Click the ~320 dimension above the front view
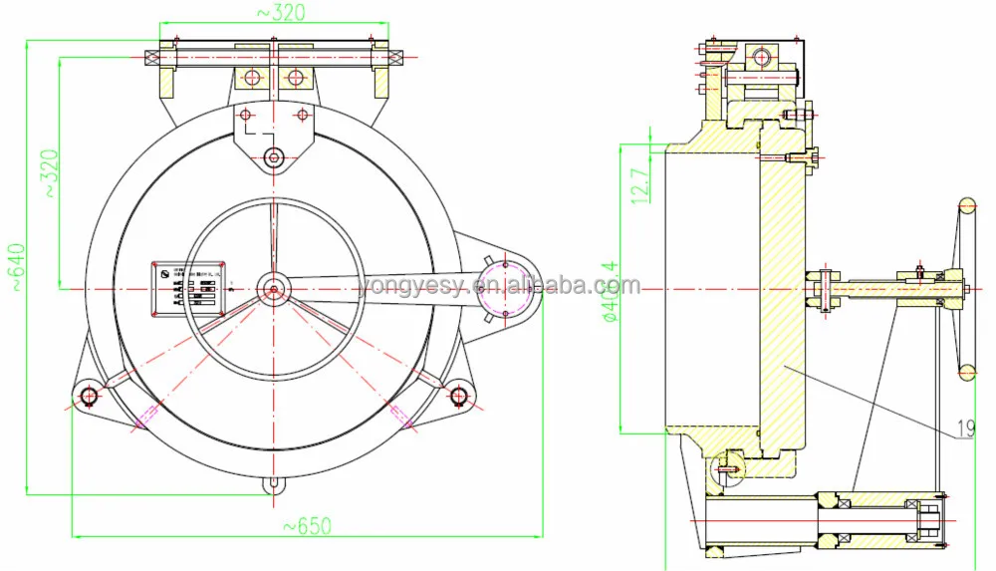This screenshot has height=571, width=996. pyautogui.click(x=280, y=12)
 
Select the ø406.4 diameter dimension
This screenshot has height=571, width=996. pyautogui.click(x=609, y=288)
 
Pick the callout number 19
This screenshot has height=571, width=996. pyautogui.click(x=965, y=430)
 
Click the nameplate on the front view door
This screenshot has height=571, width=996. pyautogui.click(x=188, y=288)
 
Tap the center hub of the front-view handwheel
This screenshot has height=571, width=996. pyautogui.click(x=273, y=289)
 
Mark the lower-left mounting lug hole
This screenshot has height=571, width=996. pyautogui.click(x=89, y=397)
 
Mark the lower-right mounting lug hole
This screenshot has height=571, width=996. pyautogui.click(x=458, y=397)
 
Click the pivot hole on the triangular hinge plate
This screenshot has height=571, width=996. pyautogui.click(x=274, y=156)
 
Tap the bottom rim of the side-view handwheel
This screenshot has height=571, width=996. pyautogui.click(x=966, y=372)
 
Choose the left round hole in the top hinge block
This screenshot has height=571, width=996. pyautogui.click(x=252, y=77)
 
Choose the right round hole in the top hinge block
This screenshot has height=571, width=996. pyautogui.click(x=295, y=77)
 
